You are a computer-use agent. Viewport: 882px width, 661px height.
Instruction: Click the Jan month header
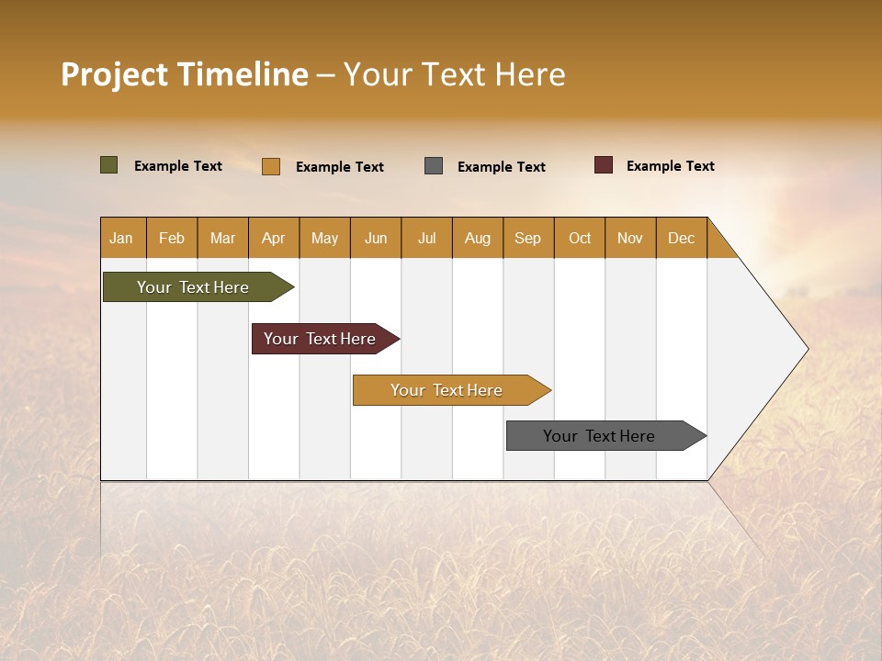(121, 238)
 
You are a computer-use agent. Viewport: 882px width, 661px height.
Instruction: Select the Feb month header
(172, 238)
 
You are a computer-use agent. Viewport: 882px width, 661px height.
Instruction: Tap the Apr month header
(273, 238)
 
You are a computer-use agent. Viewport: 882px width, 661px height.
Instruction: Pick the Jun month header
(376, 238)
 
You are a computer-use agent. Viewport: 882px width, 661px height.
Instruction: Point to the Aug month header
(477, 238)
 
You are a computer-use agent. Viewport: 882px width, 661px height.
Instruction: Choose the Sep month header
(527, 238)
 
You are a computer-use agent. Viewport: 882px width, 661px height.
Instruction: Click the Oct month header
(580, 238)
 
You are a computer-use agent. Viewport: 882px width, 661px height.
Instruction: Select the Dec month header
(681, 238)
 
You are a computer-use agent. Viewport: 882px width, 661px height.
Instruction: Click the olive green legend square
(108, 165)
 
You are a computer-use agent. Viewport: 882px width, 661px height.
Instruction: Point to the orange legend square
(270, 166)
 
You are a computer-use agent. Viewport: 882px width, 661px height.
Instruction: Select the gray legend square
(434, 166)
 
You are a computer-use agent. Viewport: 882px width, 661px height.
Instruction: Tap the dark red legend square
(603, 165)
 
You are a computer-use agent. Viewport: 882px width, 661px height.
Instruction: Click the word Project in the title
(115, 74)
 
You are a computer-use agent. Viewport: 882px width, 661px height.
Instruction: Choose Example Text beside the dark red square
(670, 166)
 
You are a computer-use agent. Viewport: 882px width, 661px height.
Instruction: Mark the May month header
(324, 238)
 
